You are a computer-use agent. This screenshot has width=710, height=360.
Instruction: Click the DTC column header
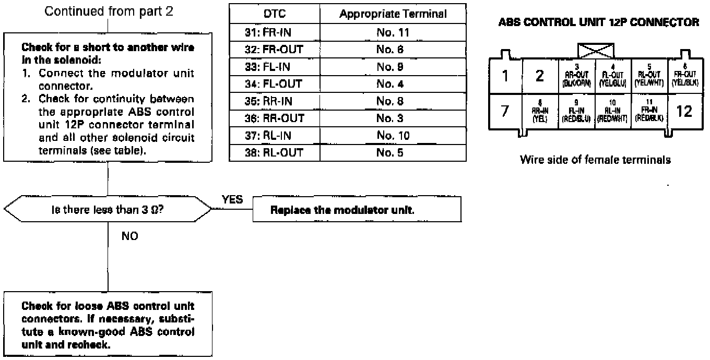coord(274,14)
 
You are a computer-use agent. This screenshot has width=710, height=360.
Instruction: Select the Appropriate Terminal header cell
coord(393,14)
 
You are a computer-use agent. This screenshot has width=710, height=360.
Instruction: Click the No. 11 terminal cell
coord(393,32)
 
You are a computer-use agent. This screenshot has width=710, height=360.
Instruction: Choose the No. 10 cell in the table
coord(393,136)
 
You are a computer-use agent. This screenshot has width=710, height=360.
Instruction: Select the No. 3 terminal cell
coord(393,118)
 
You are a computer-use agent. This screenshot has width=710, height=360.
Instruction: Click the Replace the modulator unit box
coord(357,210)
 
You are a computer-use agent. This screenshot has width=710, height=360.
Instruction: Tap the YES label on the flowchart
coord(232,199)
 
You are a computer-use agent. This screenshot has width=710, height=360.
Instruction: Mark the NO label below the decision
coord(129,236)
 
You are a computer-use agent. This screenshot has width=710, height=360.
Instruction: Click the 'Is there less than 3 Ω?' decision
coord(108,210)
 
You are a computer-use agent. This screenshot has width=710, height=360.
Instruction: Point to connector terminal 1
coord(505,76)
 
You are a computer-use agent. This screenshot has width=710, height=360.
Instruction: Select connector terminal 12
coord(684,111)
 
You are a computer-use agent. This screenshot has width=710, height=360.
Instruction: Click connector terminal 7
coord(505,111)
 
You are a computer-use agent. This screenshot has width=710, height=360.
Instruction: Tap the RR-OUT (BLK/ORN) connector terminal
coord(576,76)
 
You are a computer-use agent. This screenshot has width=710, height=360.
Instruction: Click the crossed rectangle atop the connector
coord(595,51)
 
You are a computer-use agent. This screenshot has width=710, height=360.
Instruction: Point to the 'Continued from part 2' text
coord(109,11)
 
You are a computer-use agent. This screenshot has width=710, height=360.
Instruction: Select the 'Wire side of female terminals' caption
coord(595,160)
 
